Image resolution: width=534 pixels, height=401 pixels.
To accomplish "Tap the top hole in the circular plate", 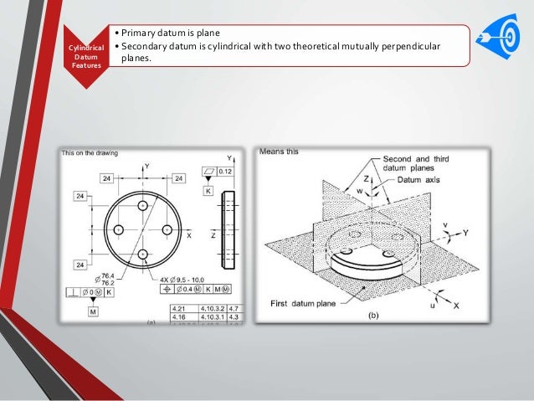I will click(142, 204).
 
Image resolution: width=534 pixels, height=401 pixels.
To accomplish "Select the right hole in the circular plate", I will click(167, 229).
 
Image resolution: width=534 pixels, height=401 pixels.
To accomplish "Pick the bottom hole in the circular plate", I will click(142, 254).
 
